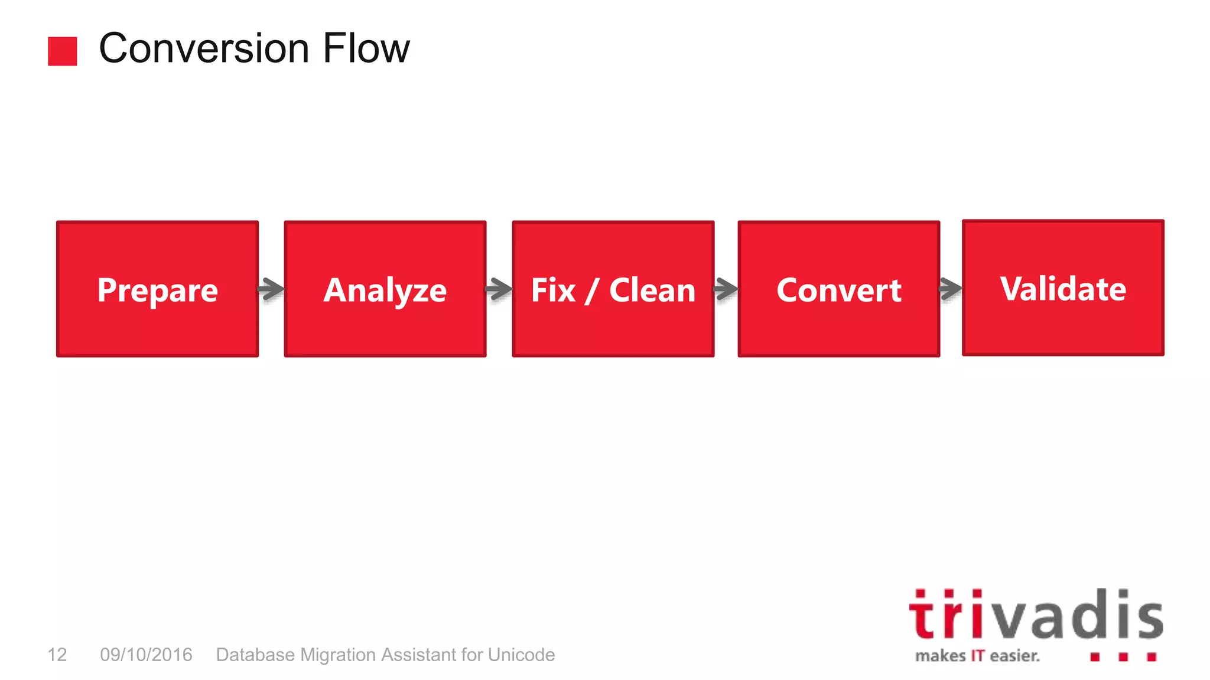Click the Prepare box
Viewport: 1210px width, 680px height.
click(157, 289)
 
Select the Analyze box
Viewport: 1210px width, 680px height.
click(385, 289)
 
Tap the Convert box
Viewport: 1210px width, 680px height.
click(838, 289)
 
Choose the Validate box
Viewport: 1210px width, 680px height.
click(1063, 287)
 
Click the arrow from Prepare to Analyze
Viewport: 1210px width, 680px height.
click(271, 289)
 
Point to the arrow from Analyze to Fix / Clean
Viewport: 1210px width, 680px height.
click(499, 289)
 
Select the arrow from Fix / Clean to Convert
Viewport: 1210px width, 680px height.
click(726, 289)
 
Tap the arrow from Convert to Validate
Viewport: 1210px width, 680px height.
click(951, 289)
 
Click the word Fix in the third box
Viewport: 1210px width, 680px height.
click(553, 290)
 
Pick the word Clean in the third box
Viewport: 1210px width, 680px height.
click(652, 290)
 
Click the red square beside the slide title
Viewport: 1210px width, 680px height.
click(63, 51)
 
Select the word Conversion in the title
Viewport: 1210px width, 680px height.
click(204, 48)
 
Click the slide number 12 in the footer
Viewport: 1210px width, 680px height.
click(57, 655)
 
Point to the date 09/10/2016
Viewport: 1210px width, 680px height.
click(146, 655)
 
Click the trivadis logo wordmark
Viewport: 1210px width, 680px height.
click(1036, 616)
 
